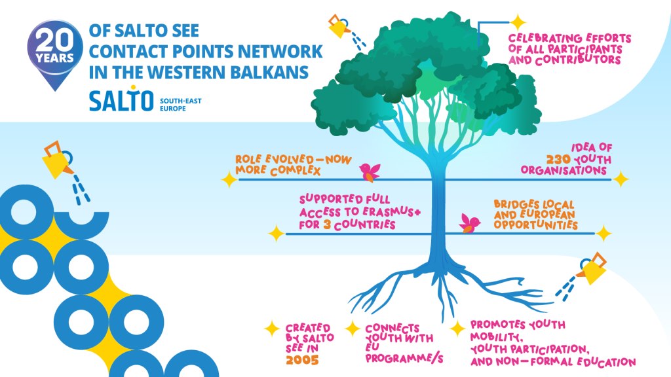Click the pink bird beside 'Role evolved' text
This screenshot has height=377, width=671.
coord(370,171)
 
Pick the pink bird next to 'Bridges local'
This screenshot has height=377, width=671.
coord(470,223)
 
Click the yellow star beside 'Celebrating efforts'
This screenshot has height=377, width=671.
coord(518,22)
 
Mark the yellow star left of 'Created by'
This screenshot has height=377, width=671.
coord(271,329)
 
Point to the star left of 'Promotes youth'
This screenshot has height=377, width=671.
coord(456,329)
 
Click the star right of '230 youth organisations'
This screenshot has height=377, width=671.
coord(621,179)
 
